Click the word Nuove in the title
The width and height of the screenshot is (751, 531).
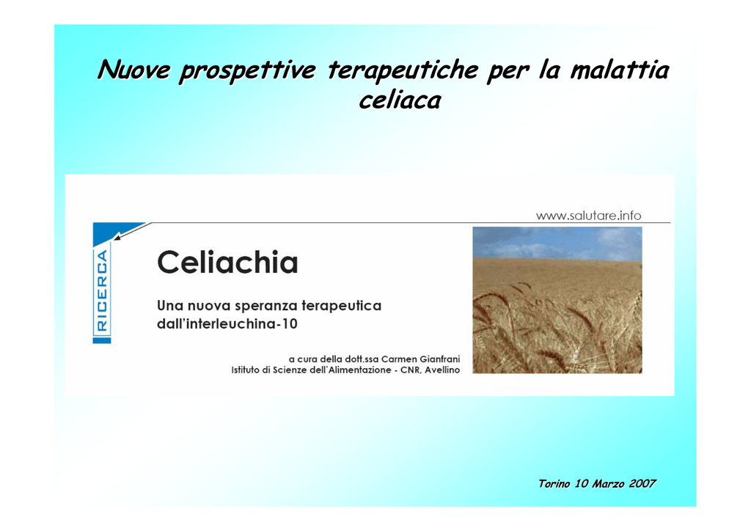click(134, 70)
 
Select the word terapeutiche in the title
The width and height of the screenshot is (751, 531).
click(403, 70)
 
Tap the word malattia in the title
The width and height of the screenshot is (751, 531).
click(619, 69)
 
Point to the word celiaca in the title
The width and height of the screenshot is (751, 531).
click(400, 100)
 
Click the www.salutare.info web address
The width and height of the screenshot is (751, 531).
click(588, 216)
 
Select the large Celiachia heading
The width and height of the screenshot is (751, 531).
click(227, 263)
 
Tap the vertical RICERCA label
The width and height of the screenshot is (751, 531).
click(102, 290)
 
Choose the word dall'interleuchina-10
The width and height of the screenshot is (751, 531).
click(227, 324)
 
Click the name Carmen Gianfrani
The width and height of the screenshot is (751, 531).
click(420, 359)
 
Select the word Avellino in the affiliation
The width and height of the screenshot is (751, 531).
click(442, 370)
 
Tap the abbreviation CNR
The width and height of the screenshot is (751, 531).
click(410, 370)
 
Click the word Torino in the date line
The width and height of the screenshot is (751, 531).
click(554, 483)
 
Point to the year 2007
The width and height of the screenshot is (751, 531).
click(642, 483)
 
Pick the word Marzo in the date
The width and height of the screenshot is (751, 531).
click(608, 483)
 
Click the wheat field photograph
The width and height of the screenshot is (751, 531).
click(557, 300)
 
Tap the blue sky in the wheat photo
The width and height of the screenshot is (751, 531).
click(557, 242)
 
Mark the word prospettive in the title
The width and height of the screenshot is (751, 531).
click(247, 70)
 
